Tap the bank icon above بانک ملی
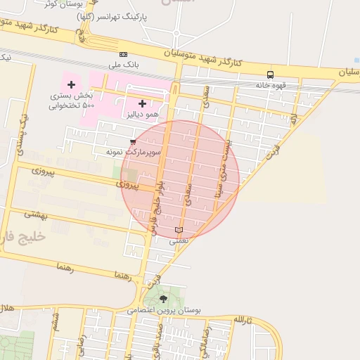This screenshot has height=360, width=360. coord(124,54)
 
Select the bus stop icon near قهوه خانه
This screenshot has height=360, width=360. coord(270,75)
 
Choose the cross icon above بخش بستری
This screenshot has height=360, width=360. coord(71,84)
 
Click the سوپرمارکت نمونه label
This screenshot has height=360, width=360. coord(133,152)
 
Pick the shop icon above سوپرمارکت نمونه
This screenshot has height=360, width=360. coord(133,142)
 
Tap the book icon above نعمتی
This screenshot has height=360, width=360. coord(179,230)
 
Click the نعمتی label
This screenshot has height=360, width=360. coord(179,240)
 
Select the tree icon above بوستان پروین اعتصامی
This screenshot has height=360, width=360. coord(164,299)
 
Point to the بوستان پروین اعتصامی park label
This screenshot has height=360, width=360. coord(164,309)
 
